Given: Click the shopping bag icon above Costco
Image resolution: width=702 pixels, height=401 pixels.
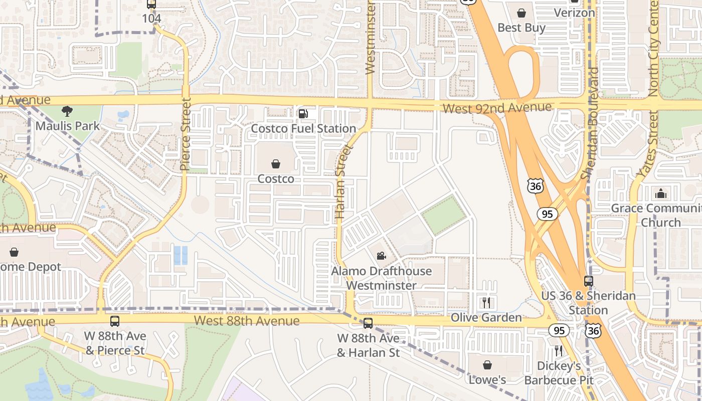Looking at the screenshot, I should tap(276, 164).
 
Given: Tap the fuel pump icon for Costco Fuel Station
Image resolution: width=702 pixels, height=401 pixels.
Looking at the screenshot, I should tap(303, 114).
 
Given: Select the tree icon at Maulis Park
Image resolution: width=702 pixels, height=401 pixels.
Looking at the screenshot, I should tap(67, 111).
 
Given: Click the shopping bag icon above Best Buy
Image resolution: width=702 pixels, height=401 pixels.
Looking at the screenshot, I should tap(521, 13).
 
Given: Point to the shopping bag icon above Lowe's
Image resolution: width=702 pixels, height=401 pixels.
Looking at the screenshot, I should tap(487, 365).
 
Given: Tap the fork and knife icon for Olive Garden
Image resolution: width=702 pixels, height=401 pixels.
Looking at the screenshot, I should tap(486, 302).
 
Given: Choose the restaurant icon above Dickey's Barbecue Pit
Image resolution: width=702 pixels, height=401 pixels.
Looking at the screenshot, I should tap(559, 350).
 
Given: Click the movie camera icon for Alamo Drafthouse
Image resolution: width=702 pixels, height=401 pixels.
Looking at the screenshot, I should tap(381, 256).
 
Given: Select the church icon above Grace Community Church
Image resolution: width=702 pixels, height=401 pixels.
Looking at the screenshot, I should tap(661, 193).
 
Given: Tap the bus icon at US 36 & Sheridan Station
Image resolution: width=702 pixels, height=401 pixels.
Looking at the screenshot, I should tap(588, 281).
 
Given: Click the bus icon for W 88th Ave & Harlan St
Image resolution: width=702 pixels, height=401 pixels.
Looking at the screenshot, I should tap(368, 323).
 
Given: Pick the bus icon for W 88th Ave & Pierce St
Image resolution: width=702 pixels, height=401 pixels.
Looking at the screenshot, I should tap(115, 321).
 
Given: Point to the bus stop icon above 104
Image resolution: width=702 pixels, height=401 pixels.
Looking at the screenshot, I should tap(151, 4).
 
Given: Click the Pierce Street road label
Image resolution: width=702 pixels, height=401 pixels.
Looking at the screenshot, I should tap(186, 134).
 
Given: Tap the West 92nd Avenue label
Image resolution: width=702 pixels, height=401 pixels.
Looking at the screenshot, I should tap(497, 108).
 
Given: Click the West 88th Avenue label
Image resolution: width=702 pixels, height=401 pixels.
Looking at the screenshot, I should tap(247, 320).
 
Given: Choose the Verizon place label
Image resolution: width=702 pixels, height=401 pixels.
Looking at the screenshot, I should tap(574, 13).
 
